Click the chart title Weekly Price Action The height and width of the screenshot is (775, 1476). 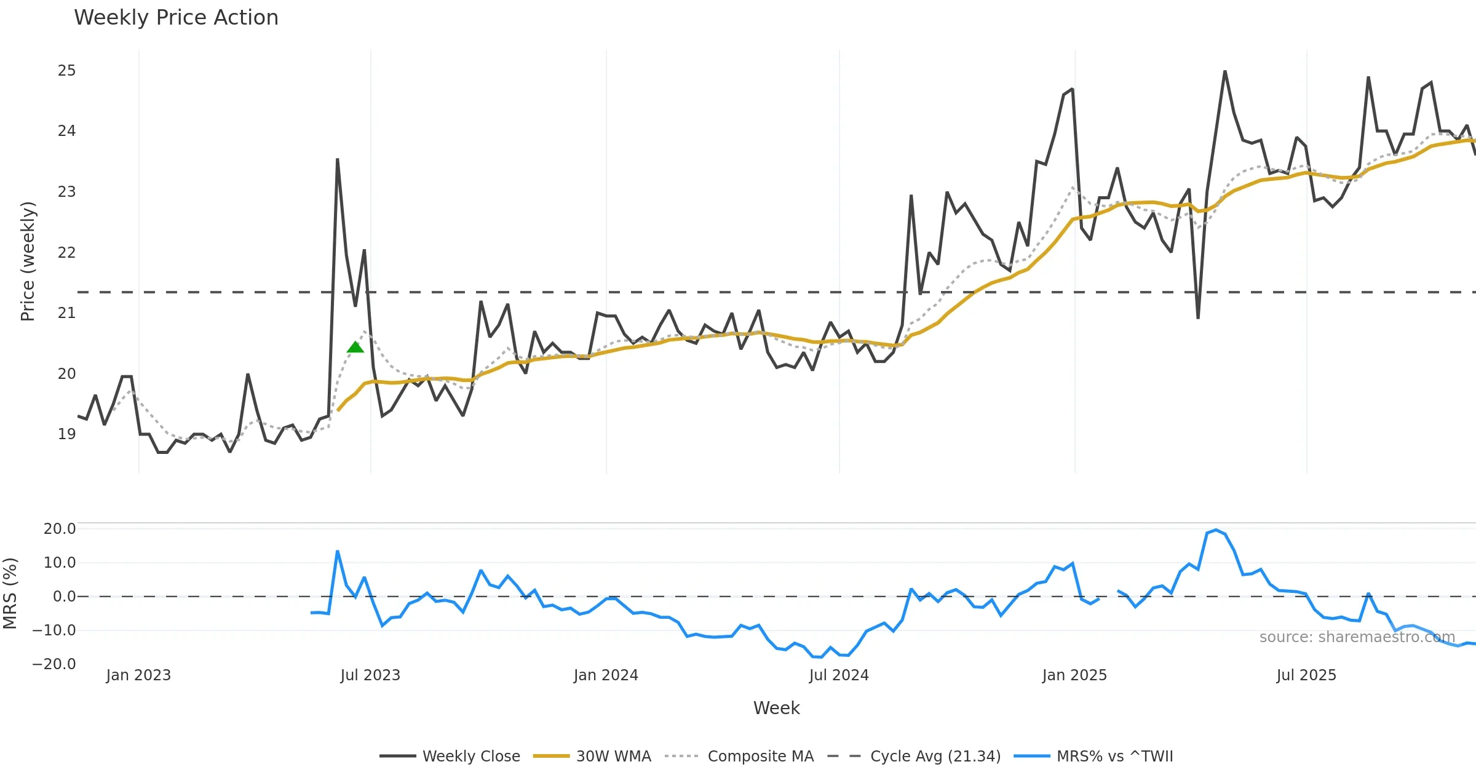[x=176, y=18]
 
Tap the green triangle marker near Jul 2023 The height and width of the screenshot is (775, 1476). [x=355, y=348]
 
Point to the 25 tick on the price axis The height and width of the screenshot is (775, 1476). [x=66, y=71]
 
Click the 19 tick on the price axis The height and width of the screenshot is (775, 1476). [x=66, y=434]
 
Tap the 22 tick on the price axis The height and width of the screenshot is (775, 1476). [x=66, y=253]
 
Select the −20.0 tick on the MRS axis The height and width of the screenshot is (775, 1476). [x=54, y=664]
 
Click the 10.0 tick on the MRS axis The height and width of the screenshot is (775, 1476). [x=59, y=563]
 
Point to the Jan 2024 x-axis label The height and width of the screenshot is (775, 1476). [x=606, y=675]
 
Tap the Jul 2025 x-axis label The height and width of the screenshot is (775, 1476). [x=1306, y=675]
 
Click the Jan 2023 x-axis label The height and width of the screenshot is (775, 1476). [x=138, y=675]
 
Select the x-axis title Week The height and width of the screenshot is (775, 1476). [x=776, y=709]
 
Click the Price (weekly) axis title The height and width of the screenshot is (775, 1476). [x=28, y=261]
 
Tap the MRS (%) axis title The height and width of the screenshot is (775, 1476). [x=10, y=594]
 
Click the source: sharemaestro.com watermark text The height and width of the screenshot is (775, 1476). [x=1357, y=637]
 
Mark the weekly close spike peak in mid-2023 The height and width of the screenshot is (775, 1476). [x=338, y=160]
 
